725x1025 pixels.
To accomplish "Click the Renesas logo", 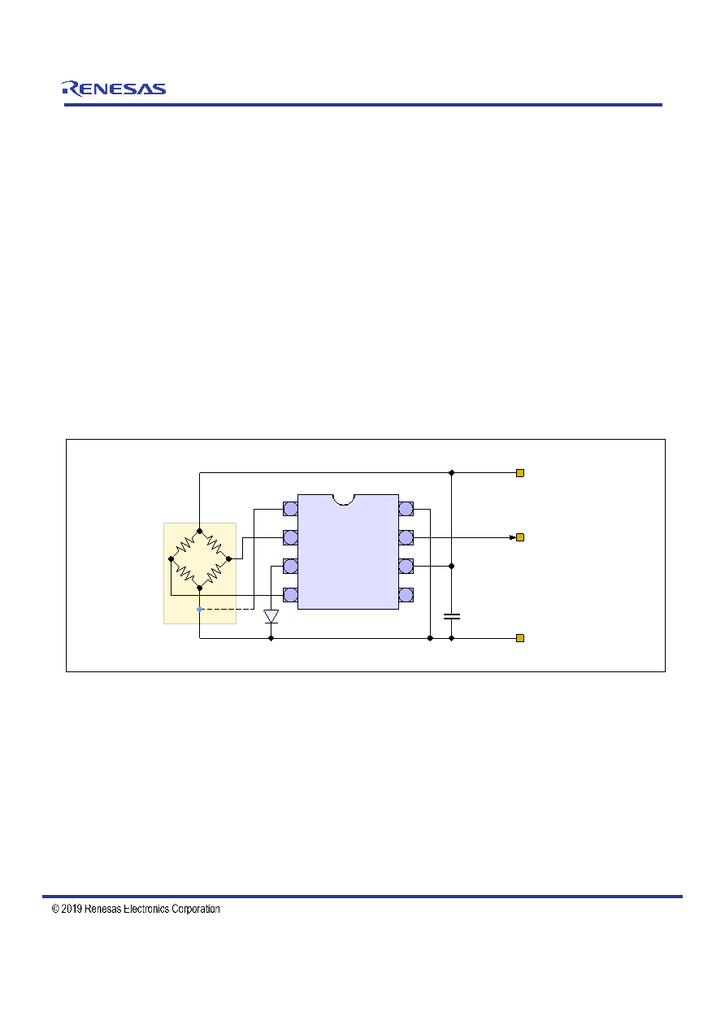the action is point(114,89).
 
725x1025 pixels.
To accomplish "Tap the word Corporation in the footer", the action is point(195,909).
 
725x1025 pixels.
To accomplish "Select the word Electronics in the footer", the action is point(146,909).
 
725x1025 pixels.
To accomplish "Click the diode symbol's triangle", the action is point(271,616).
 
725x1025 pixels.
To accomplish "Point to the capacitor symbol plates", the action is point(451,616).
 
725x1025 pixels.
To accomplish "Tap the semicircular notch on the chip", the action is point(344,500).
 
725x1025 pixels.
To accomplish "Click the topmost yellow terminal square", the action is point(519,473).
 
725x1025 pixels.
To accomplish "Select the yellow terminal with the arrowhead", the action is point(519,537).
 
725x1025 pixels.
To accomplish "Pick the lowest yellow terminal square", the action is point(519,638).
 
